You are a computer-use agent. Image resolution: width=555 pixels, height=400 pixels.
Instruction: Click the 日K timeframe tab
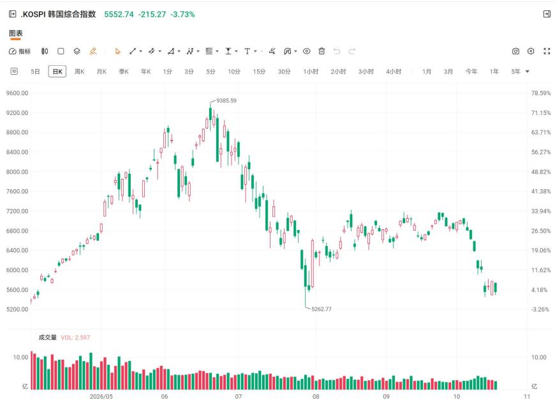57,72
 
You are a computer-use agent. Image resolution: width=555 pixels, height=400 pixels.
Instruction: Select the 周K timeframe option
79,72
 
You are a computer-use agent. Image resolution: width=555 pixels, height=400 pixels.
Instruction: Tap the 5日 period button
35,72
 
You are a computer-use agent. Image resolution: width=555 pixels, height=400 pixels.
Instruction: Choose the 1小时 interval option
311,72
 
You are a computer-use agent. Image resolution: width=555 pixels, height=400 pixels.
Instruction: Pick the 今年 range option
471,72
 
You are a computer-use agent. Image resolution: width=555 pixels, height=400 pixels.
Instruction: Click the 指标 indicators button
20,51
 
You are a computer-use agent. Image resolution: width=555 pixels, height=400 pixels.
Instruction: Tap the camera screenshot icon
515,51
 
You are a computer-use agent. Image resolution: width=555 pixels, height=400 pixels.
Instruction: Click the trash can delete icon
322,51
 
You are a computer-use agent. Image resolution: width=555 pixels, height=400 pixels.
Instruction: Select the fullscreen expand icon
547,51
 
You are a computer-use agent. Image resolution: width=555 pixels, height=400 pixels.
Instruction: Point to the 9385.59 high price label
226,101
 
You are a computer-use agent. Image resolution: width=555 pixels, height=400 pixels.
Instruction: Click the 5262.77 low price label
322,309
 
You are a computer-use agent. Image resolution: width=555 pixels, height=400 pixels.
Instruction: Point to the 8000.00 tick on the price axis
17,172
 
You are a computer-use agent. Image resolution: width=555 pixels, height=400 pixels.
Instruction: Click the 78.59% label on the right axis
541,93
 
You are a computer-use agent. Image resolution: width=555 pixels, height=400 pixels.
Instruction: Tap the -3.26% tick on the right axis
540,309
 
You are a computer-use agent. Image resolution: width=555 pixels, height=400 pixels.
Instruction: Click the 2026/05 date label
101,396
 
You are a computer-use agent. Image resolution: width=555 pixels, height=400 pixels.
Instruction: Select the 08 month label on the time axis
316,396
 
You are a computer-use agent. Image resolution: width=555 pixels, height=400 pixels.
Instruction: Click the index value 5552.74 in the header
119,15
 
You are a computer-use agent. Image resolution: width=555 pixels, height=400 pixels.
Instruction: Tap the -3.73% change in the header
182,15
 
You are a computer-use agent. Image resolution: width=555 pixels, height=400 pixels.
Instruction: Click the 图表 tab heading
15,33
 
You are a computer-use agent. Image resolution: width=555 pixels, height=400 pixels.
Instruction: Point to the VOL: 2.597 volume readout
75,337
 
